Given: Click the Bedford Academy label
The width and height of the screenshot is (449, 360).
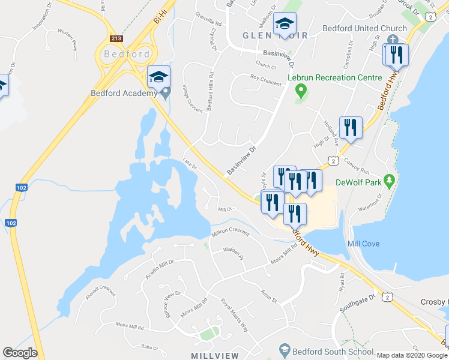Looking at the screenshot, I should point(124,93).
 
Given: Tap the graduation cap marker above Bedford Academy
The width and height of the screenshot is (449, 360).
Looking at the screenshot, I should point(159,77).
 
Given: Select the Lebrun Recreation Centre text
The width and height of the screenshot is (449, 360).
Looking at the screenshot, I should point(334,77).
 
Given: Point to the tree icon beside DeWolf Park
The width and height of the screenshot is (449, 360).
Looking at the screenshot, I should point(390,179).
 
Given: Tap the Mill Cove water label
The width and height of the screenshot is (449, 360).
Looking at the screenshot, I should point(363,244).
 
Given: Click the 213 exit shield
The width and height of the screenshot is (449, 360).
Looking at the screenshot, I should point(116,38).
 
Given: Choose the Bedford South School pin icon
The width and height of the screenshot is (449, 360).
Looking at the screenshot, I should point(285,350).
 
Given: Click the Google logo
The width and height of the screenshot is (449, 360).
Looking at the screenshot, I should point(20,353).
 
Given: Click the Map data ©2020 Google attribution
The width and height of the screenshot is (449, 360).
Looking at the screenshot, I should point(412,355).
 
